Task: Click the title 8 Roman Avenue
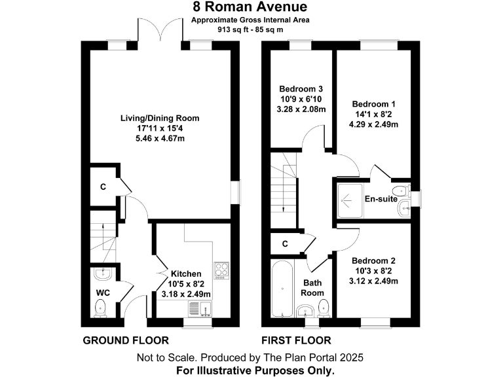[x=251, y=7]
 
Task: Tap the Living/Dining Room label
[x=159, y=118]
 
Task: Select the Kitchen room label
[x=186, y=274]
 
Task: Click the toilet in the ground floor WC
[x=100, y=306]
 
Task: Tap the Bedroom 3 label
[x=301, y=89]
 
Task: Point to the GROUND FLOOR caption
[x=126, y=340]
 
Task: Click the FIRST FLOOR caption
[x=296, y=340]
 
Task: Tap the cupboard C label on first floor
[x=285, y=244]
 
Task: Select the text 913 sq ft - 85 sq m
[x=251, y=29]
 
